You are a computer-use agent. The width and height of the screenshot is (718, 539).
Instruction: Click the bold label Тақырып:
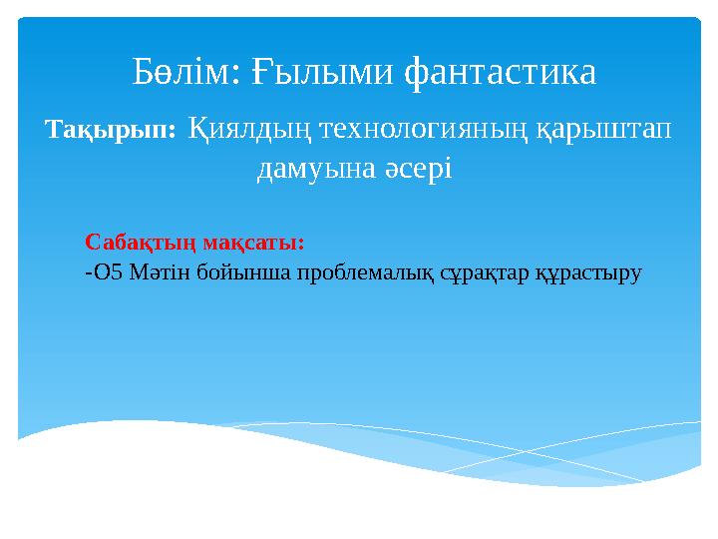pyautogui.click(x=111, y=130)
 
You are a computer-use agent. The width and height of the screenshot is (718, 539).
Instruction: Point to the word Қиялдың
pyautogui.click(x=250, y=130)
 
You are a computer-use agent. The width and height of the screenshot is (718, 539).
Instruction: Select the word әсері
pyautogui.click(x=418, y=168)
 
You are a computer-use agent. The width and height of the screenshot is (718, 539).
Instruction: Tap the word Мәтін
pyautogui.click(x=160, y=272)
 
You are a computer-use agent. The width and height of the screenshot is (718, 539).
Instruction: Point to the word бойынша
pyautogui.click(x=244, y=273)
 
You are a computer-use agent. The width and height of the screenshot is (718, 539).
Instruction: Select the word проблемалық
pyautogui.click(x=365, y=274)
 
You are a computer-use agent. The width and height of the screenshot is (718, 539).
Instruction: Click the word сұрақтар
pyautogui.click(x=484, y=274)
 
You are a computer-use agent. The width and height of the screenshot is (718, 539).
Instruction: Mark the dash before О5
pyautogui.click(x=89, y=274)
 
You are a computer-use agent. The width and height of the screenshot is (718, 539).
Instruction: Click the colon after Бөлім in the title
pyautogui.click(x=235, y=75)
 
